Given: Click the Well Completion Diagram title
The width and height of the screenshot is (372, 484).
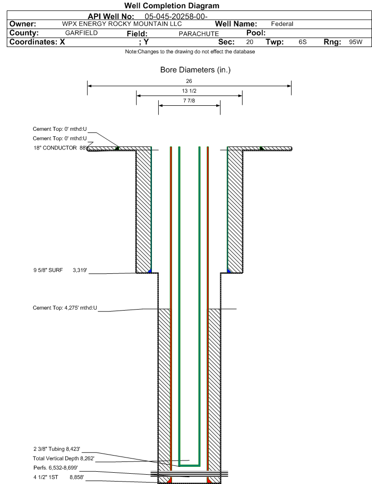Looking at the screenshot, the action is pos(172,5).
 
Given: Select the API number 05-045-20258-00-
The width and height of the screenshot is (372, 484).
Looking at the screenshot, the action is pos(176,16).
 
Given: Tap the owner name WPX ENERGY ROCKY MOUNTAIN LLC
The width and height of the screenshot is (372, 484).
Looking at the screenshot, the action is pos(122,24).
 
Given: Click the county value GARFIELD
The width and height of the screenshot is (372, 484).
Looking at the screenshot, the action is pos(81,33).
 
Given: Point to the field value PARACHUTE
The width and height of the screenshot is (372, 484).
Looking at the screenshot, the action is pos(199,34).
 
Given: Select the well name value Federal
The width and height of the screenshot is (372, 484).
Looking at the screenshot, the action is pos(282,24).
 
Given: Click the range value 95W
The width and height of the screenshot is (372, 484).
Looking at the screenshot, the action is pos(356,42).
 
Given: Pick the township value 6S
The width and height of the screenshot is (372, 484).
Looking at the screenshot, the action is pos(302,42).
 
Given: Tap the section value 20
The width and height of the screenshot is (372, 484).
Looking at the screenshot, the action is pos(250,42).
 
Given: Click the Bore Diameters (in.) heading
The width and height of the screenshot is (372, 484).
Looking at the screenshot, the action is pos(196,70).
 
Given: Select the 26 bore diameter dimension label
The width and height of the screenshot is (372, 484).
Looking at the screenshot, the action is pos(189,81).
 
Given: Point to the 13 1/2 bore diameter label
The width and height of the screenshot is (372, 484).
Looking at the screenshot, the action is pos(189,91).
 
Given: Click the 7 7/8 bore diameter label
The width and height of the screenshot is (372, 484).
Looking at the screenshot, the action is pos(189,100).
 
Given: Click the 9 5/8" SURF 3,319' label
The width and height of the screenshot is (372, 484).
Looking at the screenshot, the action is pos(60,270).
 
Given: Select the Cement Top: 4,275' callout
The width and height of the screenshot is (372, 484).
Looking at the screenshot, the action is pos(65,308).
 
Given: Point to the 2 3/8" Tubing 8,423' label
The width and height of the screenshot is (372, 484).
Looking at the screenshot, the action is pos(57,449).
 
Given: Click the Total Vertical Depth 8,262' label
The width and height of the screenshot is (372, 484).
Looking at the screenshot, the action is pos(64,459).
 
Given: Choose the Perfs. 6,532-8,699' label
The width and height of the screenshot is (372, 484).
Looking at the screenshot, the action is pos(55,468).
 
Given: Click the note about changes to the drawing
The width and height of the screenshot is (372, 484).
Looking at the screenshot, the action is pos(190,51).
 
